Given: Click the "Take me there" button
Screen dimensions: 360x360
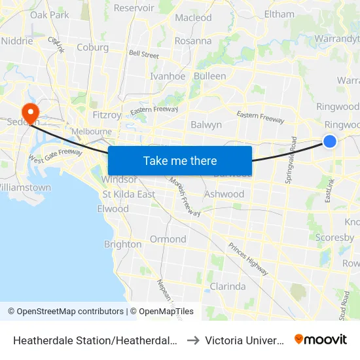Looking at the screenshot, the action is [180, 160].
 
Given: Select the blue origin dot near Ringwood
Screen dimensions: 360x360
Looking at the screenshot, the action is [330, 141].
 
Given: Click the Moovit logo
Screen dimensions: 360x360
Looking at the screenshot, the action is [321, 340].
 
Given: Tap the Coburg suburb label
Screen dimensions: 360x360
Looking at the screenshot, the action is [92, 47].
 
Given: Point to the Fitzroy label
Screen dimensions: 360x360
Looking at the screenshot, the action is [107, 115].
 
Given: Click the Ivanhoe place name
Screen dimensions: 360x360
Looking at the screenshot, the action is [168, 76].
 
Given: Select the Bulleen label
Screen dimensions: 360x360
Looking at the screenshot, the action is [209, 76].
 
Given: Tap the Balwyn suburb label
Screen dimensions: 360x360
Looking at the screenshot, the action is [206, 124].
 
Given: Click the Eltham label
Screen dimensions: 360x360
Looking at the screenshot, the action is [279, 13].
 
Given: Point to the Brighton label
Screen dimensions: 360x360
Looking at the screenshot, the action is [122, 244].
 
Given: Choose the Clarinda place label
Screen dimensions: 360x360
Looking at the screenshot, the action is [227, 286].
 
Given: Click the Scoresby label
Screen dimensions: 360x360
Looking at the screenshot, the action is [334, 238].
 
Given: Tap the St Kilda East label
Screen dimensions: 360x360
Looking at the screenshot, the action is [128, 194].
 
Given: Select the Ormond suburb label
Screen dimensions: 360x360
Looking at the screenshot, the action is [168, 239].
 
